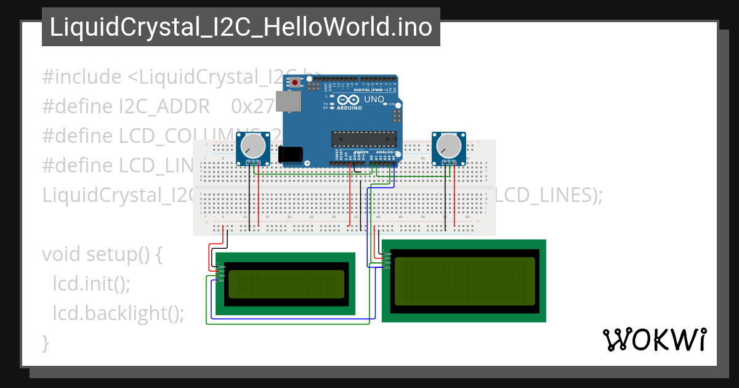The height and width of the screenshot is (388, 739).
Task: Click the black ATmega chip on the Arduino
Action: pyautogui.click(x=362, y=139)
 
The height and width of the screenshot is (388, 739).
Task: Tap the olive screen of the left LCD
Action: pyautogui.click(x=285, y=283)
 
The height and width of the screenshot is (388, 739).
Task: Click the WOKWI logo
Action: pyautogui.click(x=654, y=339)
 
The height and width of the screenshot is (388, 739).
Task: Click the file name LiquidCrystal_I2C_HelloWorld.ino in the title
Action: pyautogui.click(x=241, y=27)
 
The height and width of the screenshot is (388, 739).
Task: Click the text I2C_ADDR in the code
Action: pyautogui.click(x=164, y=107)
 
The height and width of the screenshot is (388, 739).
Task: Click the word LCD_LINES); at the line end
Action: pyautogui.click(x=548, y=195)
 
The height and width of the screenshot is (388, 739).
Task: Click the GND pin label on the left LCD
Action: pyautogui.click(x=221, y=267)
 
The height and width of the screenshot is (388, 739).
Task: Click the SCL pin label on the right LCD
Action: pyautogui.click(x=387, y=268)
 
